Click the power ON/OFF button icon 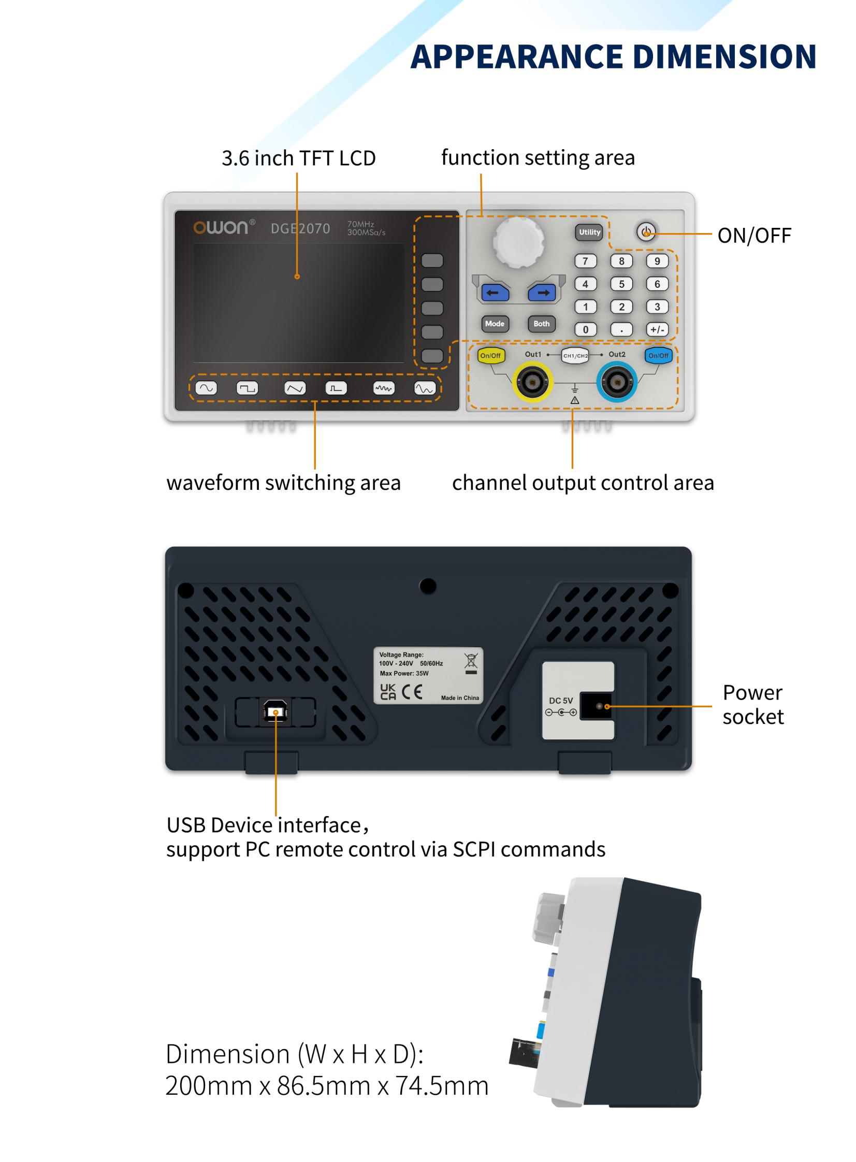[x=646, y=232]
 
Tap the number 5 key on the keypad [x=621, y=284]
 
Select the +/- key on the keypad [x=657, y=329]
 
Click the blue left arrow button [x=495, y=293]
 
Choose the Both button [x=541, y=324]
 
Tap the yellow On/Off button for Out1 [x=490, y=355]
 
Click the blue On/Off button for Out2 [x=658, y=355]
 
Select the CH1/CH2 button [x=575, y=356]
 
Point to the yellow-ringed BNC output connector [x=532, y=382]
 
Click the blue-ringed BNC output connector [x=617, y=382]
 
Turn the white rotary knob [x=518, y=241]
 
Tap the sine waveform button [x=206, y=388]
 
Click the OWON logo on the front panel [x=221, y=227]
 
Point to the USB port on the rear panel [x=275, y=712]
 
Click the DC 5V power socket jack [x=599, y=706]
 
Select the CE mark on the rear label [x=412, y=692]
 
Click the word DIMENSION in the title [x=724, y=56]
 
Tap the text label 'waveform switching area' [x=283, y=483]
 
